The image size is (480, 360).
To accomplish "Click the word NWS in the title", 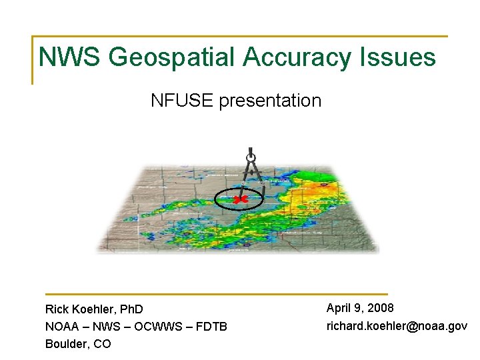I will click(70, 57).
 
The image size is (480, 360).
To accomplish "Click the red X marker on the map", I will click(241, 199).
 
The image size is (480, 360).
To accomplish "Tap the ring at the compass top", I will click(251, 159).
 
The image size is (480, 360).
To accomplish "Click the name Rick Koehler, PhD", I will click(94, 309).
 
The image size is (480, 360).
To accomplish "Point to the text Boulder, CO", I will click(78, 344).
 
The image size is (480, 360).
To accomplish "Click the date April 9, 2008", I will click(360, 308).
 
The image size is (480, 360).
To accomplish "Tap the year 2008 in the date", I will click(380, 308).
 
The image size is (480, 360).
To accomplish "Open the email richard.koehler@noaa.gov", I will click(397, 326).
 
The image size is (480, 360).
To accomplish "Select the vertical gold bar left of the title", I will click(33, 60).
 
